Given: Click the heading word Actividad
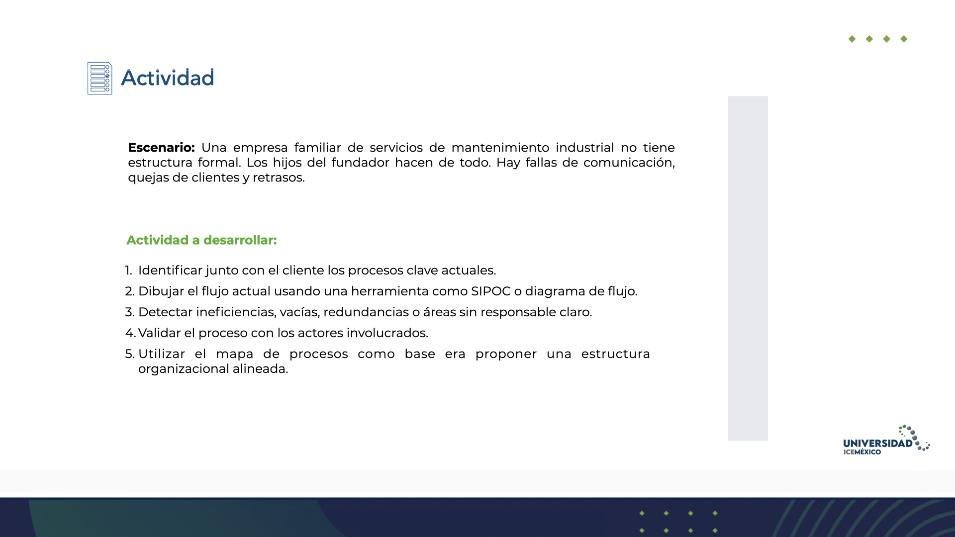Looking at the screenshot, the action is click(x=168, y=78).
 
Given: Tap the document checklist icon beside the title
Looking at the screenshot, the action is click(x=100, y=78).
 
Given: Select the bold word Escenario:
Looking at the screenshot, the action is click(x=161, y=148).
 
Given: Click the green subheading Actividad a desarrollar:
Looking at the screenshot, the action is click(x=201, y=240).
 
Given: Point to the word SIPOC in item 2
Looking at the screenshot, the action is click(x=491, y=291).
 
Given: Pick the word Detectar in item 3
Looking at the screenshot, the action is click(x=165, y=312).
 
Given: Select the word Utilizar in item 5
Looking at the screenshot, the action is click(x=162, y=354).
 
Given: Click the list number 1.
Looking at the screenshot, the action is click(x=128, y=270).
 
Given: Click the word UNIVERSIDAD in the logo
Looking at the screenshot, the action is click(x=878, y=443).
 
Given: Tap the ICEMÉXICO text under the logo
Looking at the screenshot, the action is click(x=862, y=452).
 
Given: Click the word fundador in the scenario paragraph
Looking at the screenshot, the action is click(x=361, y=163).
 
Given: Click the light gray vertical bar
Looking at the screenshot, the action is click(x=748, y=268).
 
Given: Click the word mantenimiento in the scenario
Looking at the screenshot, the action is click(x=500, y=148).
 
